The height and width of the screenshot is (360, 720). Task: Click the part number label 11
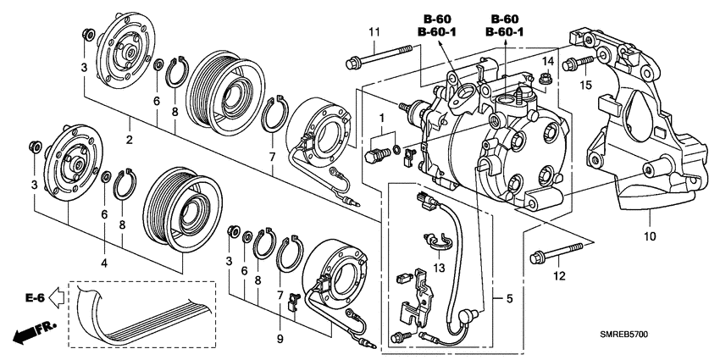[x=374, y=32]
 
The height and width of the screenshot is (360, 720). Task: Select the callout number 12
[x=560, y=276]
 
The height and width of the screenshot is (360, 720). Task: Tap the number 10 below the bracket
[x=650, y=236]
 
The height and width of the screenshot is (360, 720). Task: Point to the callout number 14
[x=548, y=62]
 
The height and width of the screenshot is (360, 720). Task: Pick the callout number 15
[x=585, y=85]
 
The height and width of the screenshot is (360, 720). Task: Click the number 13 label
[x=439, y=267]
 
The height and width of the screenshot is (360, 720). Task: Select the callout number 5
[x=509, y=298]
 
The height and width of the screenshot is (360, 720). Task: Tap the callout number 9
[x=280, y=340]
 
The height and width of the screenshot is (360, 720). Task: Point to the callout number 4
[x=105, y=263]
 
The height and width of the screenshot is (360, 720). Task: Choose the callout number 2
[x=130, y=140]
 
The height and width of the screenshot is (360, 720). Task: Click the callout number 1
[x=380, y=119]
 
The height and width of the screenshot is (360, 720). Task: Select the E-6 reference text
[x=35, y=298]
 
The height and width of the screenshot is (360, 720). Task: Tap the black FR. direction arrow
[x=34, y=331]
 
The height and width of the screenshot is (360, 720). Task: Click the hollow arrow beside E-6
[x=56, y=298]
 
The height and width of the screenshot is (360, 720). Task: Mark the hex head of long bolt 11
[x=352, y=63]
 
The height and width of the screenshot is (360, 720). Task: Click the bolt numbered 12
[x=556, y=252]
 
